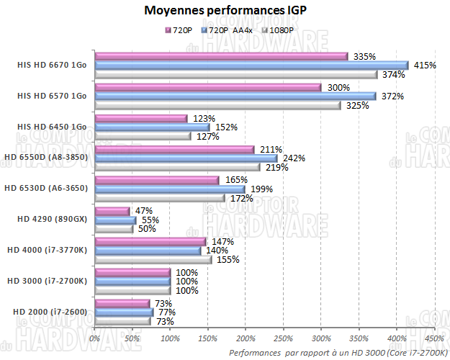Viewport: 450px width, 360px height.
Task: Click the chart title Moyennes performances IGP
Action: (225, 10)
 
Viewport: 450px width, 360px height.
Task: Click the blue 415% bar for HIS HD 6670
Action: (251, 65)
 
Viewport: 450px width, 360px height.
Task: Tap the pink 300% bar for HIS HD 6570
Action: (208, 87)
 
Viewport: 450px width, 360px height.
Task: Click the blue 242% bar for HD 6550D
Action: (186, 158)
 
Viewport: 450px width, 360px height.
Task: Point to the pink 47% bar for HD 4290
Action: (112, 211)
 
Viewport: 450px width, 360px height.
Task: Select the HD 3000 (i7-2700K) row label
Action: (46, 280)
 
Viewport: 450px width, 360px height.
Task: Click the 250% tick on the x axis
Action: (283, 338)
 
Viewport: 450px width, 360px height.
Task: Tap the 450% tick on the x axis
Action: (433, 338)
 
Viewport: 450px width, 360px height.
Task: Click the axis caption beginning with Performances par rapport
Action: (338, 352)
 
